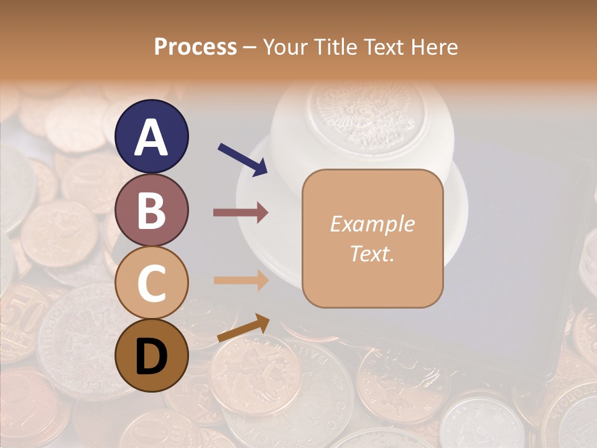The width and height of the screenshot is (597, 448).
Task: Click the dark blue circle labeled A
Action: point(152,136)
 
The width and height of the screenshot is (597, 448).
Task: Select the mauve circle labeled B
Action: point(152,209)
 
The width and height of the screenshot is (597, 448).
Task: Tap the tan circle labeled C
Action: point(152,282)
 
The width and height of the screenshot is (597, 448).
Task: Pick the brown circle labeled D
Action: point(152,355)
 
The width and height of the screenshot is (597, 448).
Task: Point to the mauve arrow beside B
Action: point(241,212)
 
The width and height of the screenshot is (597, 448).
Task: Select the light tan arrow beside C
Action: point(241,280)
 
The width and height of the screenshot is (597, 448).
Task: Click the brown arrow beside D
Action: point(243,328)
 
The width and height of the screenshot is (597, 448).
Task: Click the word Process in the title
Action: point(195,47)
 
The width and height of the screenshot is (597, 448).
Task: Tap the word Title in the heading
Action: point(333,47)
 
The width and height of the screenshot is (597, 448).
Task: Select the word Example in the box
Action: point(372,224)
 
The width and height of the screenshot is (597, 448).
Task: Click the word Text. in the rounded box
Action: point(372,254)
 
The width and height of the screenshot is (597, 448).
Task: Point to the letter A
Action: point(152,138)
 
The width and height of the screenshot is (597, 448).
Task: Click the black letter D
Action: point(152,357)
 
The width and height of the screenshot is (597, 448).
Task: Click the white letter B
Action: point(152,210)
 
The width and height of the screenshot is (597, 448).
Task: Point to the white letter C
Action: point(152,283)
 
